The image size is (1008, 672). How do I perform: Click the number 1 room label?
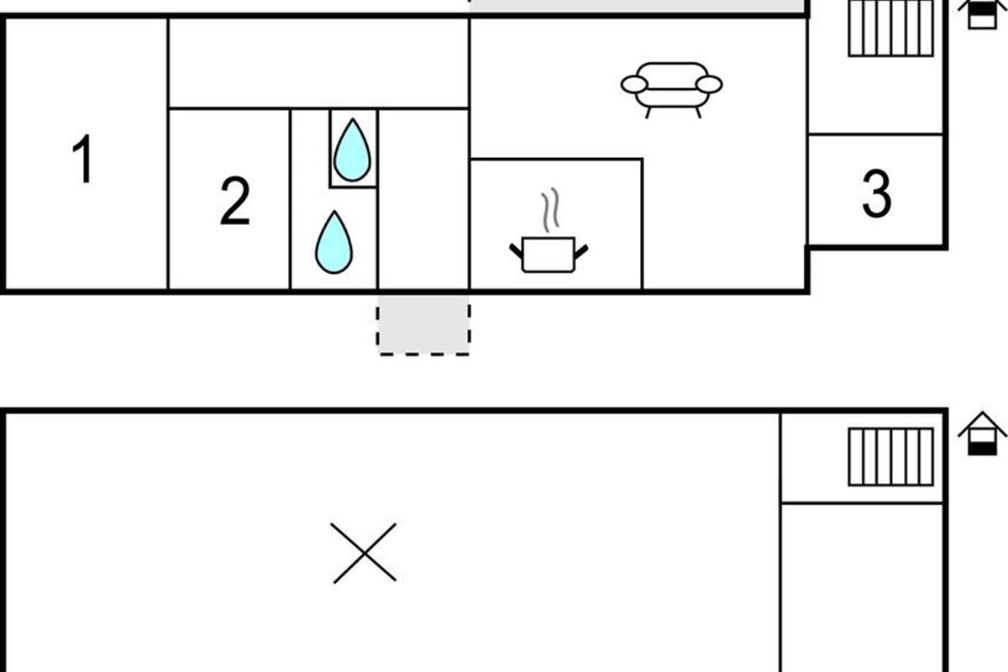(x=83, y=159)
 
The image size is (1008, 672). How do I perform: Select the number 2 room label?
(x=235, y=201)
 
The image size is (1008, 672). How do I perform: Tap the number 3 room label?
(x=877, y=194)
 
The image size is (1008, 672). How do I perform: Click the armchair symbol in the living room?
(x=671, y=90)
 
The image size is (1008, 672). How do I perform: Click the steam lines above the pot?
(x=550, y=210)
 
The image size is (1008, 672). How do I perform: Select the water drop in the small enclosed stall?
(x=353, y=150)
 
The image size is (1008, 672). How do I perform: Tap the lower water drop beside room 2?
(x=334, y=242)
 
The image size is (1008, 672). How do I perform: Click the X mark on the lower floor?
(x=364, y=554)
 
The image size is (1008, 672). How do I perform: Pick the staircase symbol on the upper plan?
(x=891, y=28)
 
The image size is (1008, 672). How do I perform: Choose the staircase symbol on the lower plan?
(x=891, y=457)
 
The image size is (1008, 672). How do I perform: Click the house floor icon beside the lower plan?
(x=982, y=433)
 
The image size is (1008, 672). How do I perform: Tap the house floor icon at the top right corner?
(x=982, y=14)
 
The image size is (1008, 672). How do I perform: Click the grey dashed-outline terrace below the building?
(x=423, y=325)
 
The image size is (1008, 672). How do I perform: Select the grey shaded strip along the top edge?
(x=638, y=6)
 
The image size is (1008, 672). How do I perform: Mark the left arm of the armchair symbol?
(x=634, y=85)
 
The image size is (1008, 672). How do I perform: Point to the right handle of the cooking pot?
(x=581, y=252)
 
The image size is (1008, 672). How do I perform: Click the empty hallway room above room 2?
(x=318, y=64)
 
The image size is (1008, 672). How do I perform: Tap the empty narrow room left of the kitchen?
(x=423, y=199)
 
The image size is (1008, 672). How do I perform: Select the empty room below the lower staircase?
(x=862, y=588)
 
